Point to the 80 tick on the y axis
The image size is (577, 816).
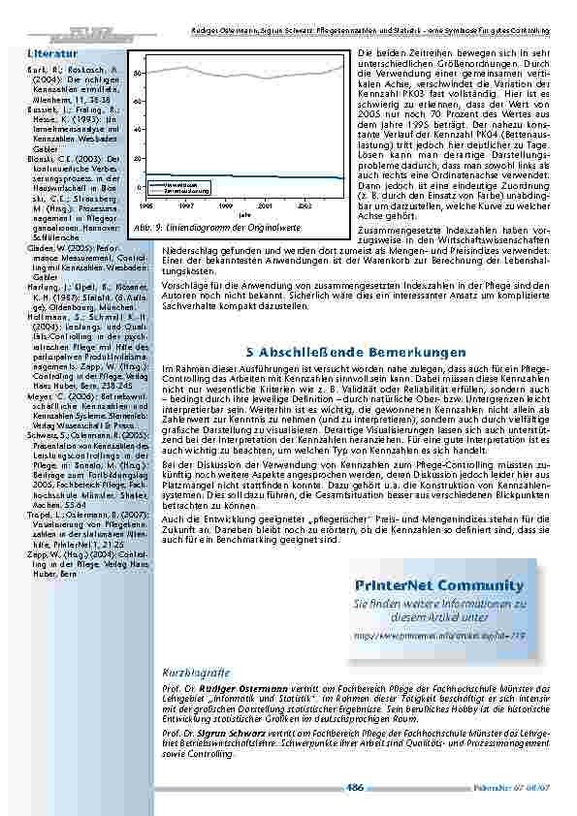click(140, 73)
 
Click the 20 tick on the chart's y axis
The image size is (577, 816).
click(140, 158)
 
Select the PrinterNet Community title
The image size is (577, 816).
click(426, 586)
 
